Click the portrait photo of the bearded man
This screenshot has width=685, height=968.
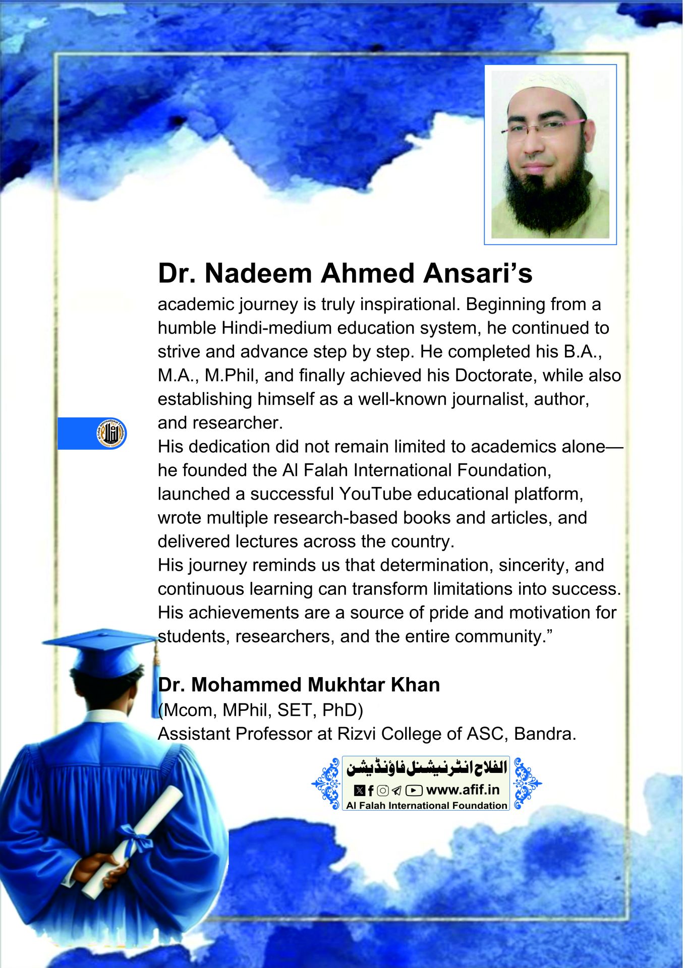550,154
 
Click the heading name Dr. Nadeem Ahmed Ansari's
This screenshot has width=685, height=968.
345,273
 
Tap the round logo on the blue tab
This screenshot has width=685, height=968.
111,433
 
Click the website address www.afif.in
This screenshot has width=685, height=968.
463,790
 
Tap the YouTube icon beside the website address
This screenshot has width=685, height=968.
414,791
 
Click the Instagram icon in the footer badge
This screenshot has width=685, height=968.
383,791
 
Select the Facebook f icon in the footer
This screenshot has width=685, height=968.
371,791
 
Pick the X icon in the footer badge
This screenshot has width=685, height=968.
359,791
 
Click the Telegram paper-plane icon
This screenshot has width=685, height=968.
397,791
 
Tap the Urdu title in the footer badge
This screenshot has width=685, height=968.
426,768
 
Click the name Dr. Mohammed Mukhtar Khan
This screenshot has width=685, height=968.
299,685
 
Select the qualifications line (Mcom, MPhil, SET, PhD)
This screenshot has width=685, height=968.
260,710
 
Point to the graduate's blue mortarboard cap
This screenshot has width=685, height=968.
101,650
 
